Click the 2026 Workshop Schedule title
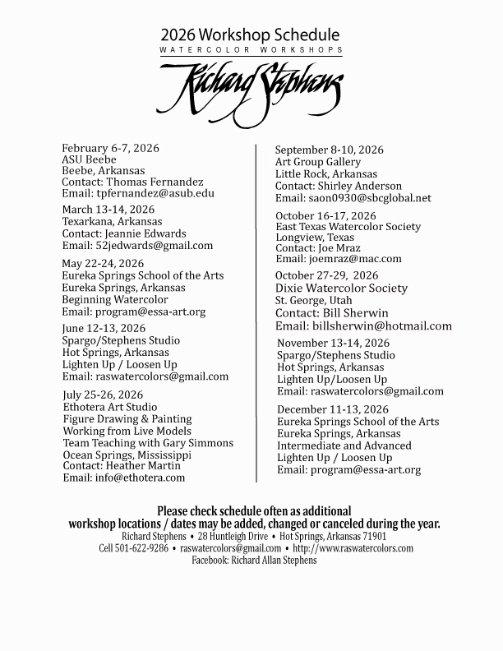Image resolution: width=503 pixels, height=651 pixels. [250, 35]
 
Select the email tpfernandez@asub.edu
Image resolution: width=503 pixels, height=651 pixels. [154, 193]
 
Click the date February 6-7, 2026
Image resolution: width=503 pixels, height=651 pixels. [111, 148]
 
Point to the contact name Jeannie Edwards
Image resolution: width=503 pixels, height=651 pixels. [146, 233]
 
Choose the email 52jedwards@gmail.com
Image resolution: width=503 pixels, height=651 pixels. [155, 245]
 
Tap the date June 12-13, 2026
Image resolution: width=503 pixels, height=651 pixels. [104, 329]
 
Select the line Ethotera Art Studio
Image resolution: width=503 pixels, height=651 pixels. [110, 407]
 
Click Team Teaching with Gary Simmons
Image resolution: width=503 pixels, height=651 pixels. [148, 442]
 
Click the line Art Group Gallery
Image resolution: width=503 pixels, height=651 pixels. [318, 162]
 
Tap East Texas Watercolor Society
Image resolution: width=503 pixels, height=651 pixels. [348, 226]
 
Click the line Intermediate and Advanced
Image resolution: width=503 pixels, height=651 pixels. [344, 446]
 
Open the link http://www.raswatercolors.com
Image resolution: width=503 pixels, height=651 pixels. [353, 548]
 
